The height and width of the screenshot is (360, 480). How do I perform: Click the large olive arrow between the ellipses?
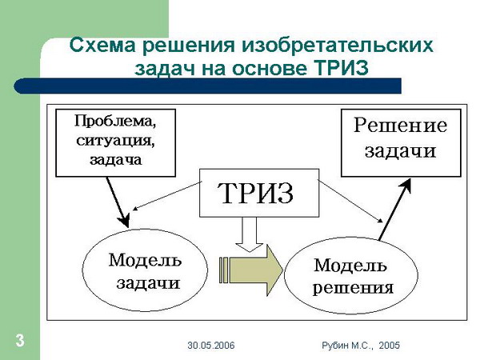(251, 270)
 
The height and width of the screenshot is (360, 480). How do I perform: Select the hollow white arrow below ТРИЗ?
(249, 234)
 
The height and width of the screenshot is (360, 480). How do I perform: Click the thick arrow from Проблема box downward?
(118, 202)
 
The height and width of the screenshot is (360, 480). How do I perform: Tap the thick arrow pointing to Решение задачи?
(394, 210)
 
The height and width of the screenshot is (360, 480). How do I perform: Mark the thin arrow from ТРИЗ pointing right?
(350, 202)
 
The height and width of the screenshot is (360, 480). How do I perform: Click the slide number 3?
(20, 341)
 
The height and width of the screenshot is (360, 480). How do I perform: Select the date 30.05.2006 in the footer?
(211, 346)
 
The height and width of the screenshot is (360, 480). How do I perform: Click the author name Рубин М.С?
(347, 346)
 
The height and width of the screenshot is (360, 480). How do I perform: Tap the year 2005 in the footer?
(389, 346)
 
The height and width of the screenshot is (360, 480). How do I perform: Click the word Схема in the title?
(102, 45)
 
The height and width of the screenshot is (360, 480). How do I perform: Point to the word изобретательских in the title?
(338, 46)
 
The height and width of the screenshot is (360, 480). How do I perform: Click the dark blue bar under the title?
(207, 86)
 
